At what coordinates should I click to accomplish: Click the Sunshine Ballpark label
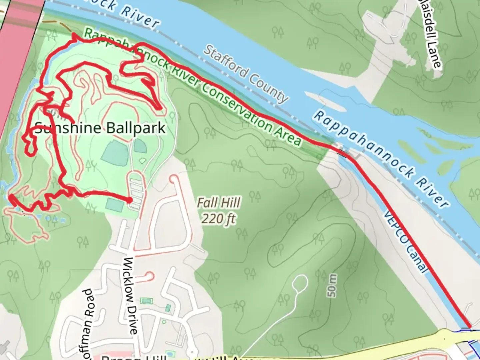click(x=100, y=128)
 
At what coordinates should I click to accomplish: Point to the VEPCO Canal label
click(x=405, y=241)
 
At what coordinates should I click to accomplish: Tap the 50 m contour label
click(x=332, y=286)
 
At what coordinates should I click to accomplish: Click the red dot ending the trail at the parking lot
click(x=129, y=200)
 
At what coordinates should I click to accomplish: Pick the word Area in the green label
click(x=287, y=134)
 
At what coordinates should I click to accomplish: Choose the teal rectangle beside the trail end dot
click(x=115, y=204)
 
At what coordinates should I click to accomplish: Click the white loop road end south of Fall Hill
click(x=300, y=283)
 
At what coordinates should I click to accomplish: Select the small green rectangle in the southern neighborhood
click(x=145, y=301)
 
